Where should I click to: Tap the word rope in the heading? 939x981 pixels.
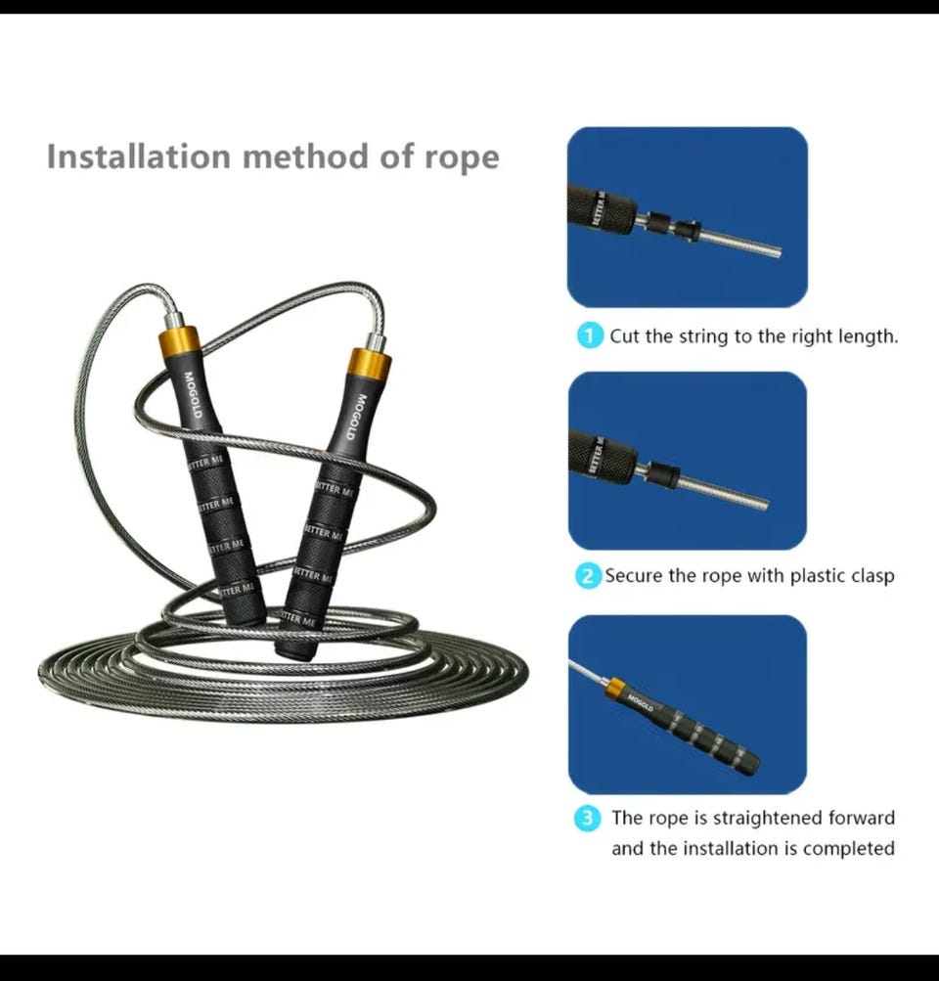(x=462, y=158)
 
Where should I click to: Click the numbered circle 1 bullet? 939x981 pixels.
(x=589, y=336)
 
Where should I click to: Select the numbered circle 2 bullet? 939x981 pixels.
(x=588, y=575)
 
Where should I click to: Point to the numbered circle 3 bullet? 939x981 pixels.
(x=587, y=818)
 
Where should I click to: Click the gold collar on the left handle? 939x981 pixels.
(x=179, y=340)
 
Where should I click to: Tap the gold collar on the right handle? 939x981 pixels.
(x=369, y=364)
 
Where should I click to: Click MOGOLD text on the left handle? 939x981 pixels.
(x=192, y=395)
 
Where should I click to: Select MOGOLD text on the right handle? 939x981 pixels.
(x=356, y=417)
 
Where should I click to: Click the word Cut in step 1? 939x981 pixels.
(x=624, y=336)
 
